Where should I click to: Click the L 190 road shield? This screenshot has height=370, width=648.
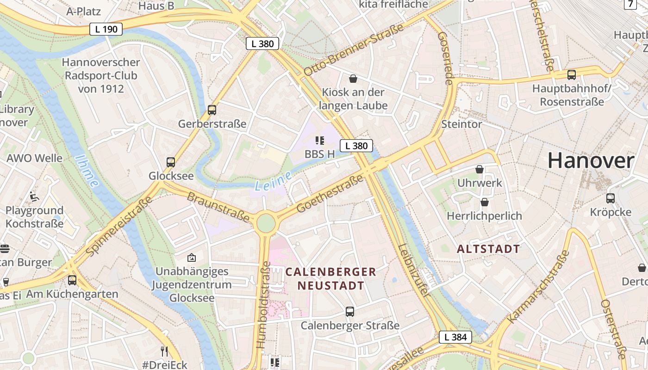coord(106,29)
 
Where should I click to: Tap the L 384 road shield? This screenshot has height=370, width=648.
coord(455,337)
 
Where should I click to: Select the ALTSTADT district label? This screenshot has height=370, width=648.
coord(488,249)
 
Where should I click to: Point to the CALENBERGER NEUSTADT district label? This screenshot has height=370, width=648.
coord(330,278)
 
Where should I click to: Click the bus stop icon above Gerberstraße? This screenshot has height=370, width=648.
coord(212,110)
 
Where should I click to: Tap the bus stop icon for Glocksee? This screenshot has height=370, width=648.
coord(171,162)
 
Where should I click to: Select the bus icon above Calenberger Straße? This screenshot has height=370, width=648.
coord(350,312)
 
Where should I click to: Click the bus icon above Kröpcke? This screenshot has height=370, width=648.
coord(611,198)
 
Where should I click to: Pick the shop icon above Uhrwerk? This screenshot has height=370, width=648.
coord(480,169)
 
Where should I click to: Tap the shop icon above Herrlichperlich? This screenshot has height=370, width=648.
coord(485,202)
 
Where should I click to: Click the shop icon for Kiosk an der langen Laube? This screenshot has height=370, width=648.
coord(353,79)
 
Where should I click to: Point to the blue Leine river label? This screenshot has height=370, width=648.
coord(273,181)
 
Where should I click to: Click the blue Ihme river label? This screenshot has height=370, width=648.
coord(87,171)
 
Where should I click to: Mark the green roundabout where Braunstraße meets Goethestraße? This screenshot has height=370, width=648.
coord(266,222)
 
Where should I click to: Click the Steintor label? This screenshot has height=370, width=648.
coord(461,124)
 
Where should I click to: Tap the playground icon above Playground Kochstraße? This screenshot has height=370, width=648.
coord(34,197)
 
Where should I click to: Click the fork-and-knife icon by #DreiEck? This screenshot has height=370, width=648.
coord(164,351)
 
